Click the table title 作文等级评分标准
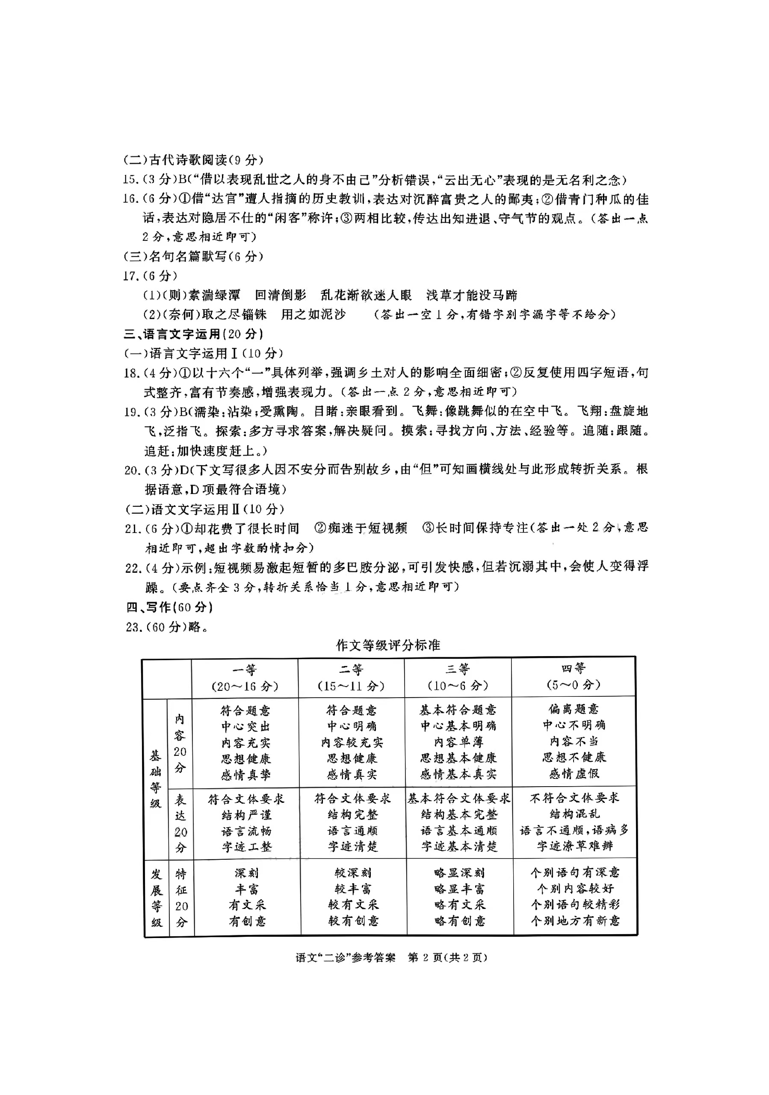tap(387, 645)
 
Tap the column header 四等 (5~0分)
tap(573, 677)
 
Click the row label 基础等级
tap(155, 779)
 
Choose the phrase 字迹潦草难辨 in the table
tap(574, 846)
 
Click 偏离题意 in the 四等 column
tap(574, 709)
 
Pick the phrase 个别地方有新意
tap(575, 920)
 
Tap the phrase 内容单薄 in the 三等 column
tap(458, 742)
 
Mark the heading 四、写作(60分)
tap(169, 607)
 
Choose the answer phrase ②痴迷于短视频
tap(361, 528)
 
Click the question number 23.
tap(133, 627)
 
